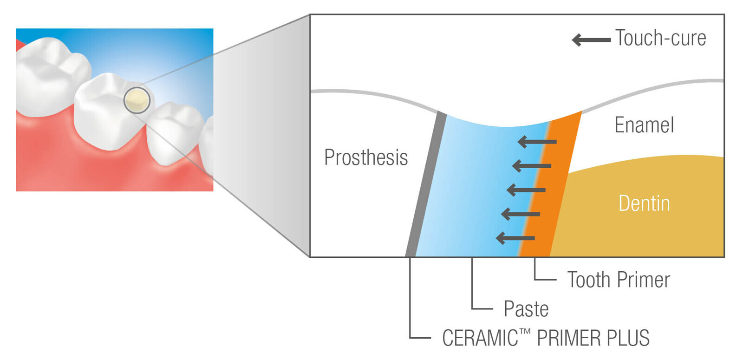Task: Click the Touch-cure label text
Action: click(660, 38)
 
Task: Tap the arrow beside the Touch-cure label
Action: click(591, 40)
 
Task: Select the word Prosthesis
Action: click(366, 157)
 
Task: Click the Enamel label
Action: click(644, 125)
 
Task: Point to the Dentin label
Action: click(644, 203)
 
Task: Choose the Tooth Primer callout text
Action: click(619, 280)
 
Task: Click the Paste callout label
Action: click(526, 309)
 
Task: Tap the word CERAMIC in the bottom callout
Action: click(480, 338)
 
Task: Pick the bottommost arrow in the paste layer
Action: click(515, 238)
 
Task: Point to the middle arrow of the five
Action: click(526, 190)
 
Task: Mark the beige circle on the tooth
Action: click(137, 100)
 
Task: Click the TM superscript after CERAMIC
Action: click(525, 332)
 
